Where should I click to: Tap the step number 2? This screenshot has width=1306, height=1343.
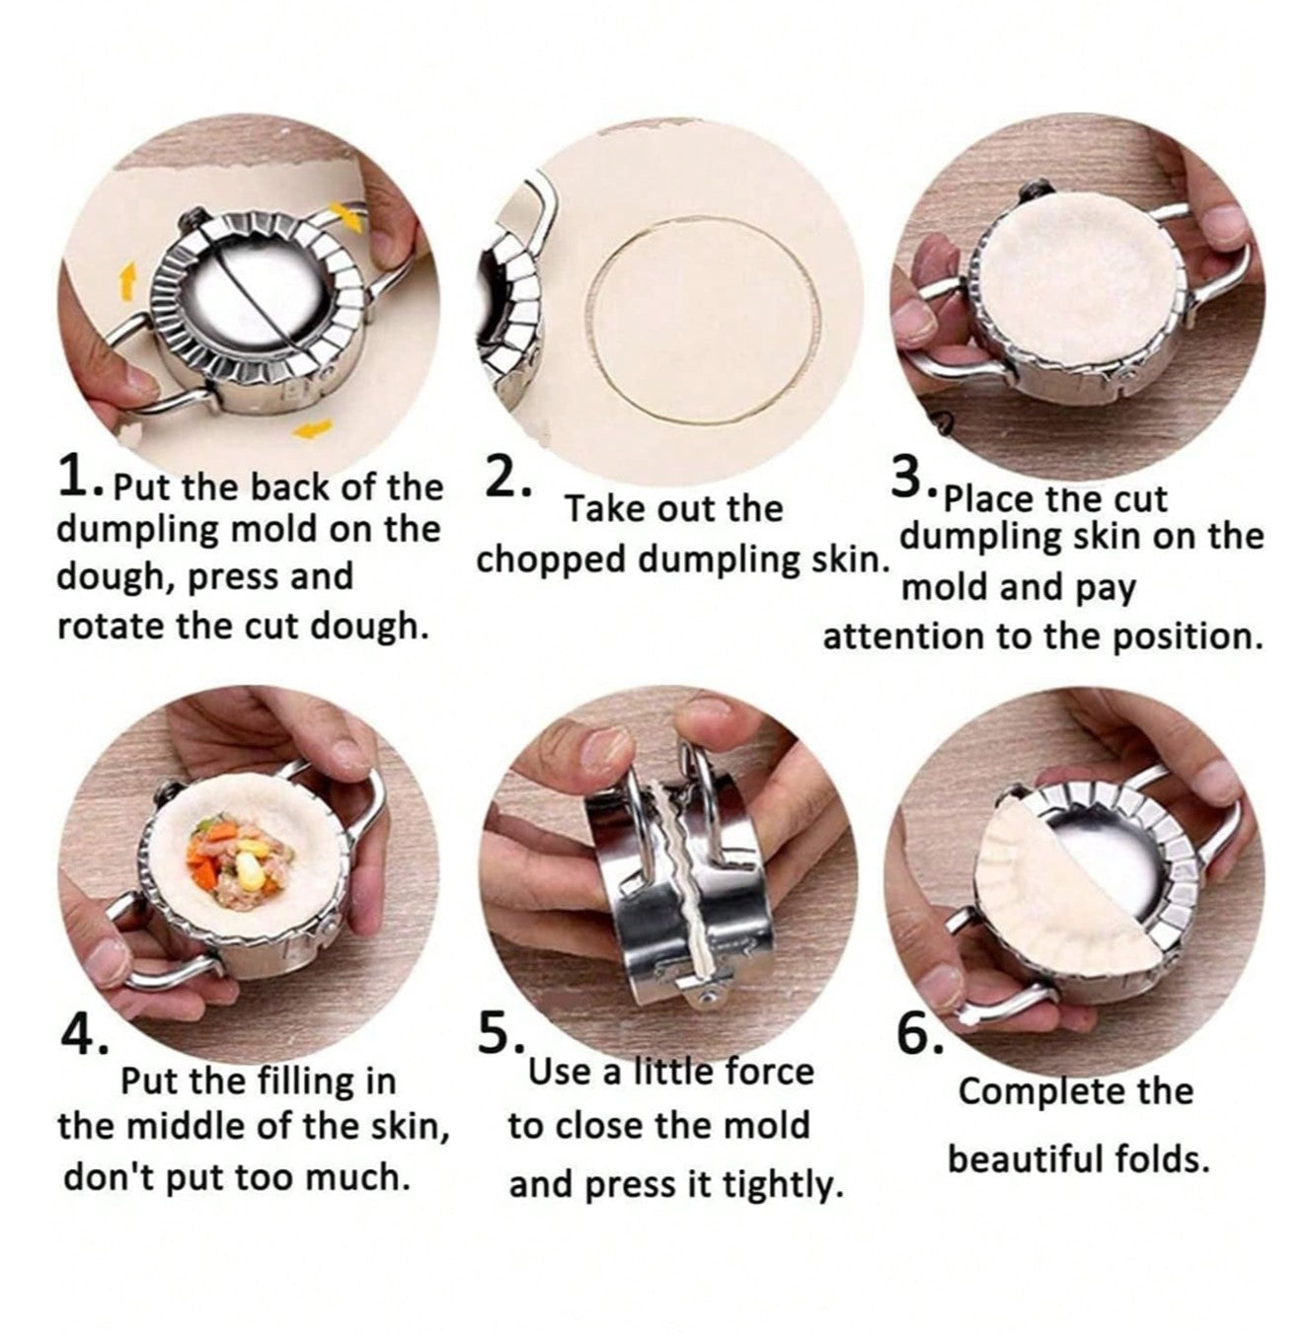[507, 476]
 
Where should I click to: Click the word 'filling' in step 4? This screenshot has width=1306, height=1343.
[301, 1081]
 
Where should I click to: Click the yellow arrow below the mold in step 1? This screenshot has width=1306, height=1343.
[312, 428]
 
